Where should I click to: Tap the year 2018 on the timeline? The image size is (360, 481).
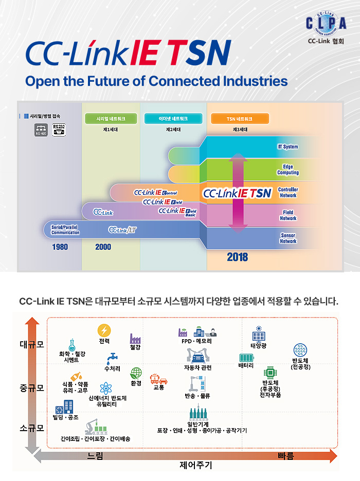[237, 256]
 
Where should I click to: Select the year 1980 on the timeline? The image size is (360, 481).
[60, 247]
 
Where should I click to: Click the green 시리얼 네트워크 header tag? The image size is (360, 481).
[111, 119]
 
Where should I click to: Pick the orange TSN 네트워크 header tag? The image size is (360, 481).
[240, 119]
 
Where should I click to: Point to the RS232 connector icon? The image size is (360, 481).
[59, 130]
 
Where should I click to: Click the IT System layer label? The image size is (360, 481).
[288, 147]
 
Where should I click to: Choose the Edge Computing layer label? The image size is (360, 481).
[288, 170]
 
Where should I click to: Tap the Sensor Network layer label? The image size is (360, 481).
[288, 238]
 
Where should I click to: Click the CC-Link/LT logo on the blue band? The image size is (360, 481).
[122, 229]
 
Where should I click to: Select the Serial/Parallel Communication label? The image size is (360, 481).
[65, 230]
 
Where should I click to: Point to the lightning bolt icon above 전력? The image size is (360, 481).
[104, 330]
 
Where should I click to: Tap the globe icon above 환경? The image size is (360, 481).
[136, 373]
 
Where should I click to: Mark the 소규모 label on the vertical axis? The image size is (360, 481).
[32, 428]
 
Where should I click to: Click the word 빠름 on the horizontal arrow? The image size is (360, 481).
[285, 456]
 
